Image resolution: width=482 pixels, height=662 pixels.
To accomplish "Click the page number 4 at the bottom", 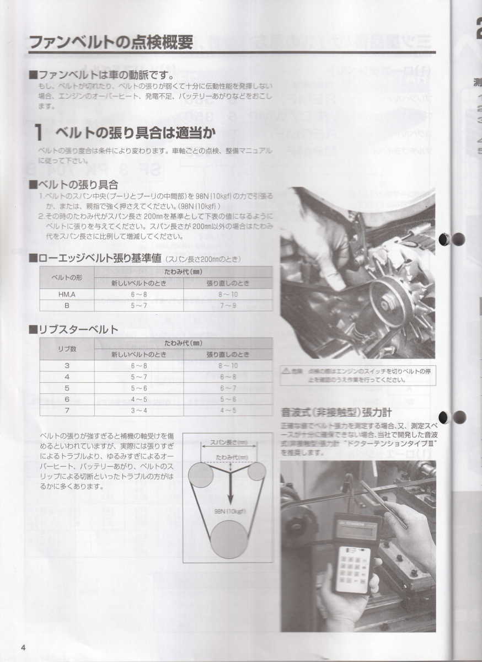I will [x=23, y=647].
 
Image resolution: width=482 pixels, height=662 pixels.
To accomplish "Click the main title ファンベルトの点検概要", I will [x=110, y=42].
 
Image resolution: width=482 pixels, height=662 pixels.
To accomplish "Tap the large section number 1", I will [x=39, y=132].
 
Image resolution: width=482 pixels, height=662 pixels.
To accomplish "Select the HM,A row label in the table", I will [x=67, y=295].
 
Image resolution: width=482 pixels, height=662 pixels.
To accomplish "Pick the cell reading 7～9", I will [x=228, y=306].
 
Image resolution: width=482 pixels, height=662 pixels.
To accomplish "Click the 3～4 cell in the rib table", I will [x=138, y=410].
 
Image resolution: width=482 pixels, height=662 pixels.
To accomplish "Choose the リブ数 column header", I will [x=67, y=349].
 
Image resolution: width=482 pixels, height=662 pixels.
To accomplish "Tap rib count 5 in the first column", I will [x=67, y=388].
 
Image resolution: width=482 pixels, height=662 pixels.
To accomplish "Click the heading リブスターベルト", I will [x=78, y=330].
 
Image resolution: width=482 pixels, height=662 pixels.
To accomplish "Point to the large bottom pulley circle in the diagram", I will [x=229, y=539].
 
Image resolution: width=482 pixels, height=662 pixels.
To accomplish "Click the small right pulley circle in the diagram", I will [x=256, y=471].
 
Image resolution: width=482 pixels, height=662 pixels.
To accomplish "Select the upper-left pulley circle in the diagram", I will [x=201, y=475].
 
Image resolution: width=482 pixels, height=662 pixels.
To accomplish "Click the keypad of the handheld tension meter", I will [x=352, y=568].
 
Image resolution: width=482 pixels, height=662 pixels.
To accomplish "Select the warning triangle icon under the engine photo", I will [x=287, y=370].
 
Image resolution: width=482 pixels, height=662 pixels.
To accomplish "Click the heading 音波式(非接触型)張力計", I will [x=336, y=412].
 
